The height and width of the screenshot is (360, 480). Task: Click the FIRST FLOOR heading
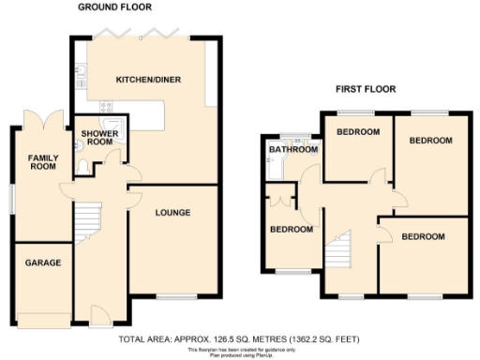coord(367,89)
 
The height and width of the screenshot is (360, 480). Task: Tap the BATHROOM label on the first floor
coord(290,149)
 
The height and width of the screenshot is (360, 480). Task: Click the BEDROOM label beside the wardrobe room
coord(291,229)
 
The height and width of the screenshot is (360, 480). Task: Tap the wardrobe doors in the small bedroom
coord(278,200)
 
